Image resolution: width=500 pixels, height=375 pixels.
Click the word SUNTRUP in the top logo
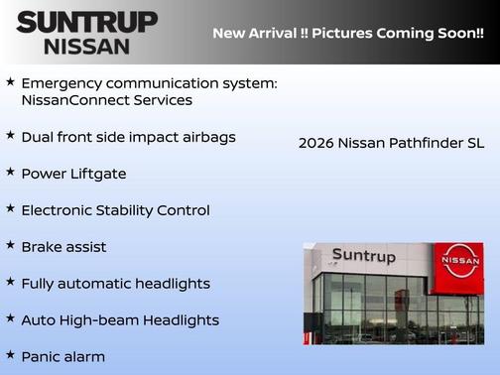pyautogui.click(x=86, y=22)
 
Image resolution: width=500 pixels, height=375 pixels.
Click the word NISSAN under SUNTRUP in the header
pyautogui.click(x=86, y=46)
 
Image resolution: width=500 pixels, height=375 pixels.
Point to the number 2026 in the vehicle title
pyautogui.click(x=316, y=143)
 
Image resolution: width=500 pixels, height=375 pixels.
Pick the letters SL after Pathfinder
pyautogui.click(x=475, y=143)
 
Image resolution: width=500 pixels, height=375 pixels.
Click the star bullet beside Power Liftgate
pyautogui.click(x=11, y=173)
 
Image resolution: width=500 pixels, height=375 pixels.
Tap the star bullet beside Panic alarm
pyautogui.click(x=11, y=355)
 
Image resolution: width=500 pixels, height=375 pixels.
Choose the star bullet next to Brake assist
pyautogui.click(x=11, y=245)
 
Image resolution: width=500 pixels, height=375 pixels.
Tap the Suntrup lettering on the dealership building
pyautogui.click(x=362, y=256)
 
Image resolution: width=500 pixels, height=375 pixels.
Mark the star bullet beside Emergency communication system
pyautogui.click(x=11, y=81)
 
